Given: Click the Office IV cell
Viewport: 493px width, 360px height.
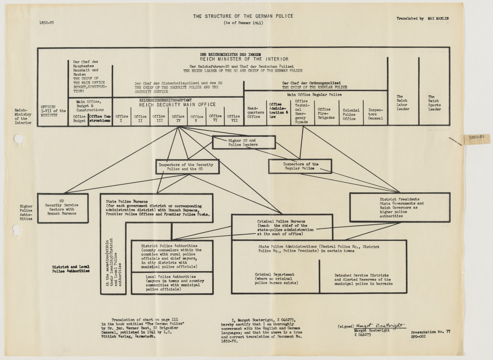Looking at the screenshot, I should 178,118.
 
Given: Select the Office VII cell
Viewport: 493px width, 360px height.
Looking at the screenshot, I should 233,118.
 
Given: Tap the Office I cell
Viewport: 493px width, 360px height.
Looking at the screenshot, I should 122,118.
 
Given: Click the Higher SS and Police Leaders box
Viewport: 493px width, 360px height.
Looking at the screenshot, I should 244,142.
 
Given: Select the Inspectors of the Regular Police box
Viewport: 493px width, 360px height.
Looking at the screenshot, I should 300,166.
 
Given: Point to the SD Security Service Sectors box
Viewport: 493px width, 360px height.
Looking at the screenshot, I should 62,207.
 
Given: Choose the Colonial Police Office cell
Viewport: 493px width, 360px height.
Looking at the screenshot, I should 351,114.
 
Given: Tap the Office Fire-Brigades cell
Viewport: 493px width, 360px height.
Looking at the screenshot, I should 326,113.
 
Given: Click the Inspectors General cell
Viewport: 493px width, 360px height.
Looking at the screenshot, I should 375,114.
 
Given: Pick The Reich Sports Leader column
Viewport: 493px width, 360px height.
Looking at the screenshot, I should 434,103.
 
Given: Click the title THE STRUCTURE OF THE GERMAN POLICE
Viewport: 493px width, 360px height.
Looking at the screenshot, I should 243,16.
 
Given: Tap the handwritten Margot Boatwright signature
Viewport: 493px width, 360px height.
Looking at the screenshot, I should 380,325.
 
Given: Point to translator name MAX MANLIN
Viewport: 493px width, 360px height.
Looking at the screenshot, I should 438,19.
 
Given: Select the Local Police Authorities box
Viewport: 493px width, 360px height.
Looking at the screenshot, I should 172,283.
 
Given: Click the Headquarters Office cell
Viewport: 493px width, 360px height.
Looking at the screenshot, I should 255,112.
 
